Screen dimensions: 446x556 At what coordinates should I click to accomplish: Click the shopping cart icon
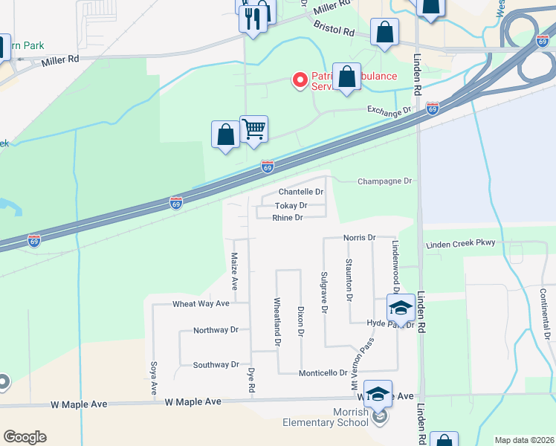pos(254,129)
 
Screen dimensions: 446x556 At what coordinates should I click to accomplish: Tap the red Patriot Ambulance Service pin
pos(300,80)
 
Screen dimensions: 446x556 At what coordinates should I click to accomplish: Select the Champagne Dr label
pos(384,181)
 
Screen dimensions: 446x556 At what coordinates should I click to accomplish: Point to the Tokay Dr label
pos(291,205)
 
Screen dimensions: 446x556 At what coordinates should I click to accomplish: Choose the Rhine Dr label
pos(288,218)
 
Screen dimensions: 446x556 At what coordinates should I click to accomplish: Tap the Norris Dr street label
pos(360,237)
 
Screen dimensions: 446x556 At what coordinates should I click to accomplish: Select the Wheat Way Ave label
pos(201,304)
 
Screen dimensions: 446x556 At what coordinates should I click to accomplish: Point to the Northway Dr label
pos(216,330)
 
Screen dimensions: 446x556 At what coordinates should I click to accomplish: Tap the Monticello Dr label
pos(323,372)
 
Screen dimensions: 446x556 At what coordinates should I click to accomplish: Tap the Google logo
pos(25,437)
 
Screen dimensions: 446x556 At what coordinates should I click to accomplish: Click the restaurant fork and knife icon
pos(253,18)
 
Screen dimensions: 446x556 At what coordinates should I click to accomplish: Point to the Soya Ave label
pos(154,378)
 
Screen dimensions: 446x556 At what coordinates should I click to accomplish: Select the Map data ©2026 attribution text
pos(523,440)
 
